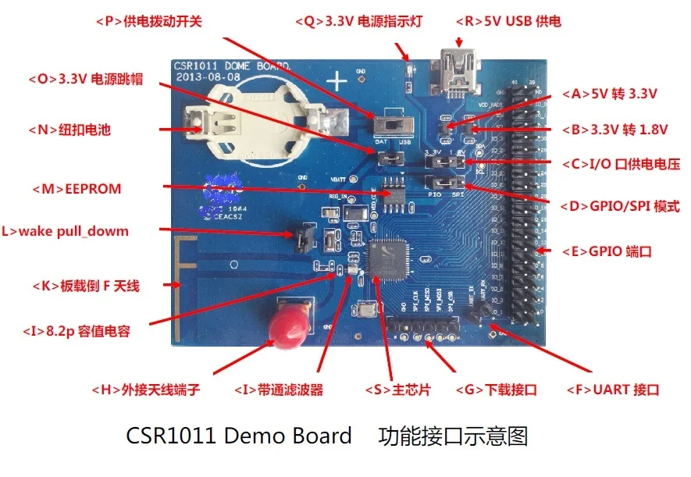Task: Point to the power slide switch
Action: click(x=388, y=126)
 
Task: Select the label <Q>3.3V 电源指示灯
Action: click(x=358, y=21)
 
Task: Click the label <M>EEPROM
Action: click(x=77, y=189)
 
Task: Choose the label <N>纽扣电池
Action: click(x=69, y=130)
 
